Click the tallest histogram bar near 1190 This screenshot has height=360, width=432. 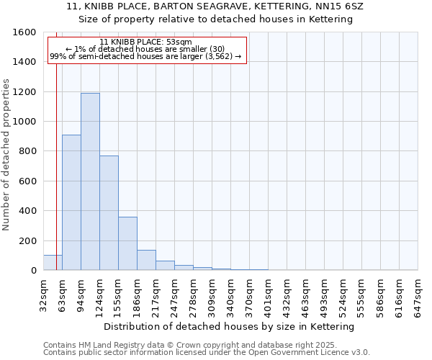(x=90, y=181)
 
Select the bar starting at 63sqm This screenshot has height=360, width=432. (x=71, y=202)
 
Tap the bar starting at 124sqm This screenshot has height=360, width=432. (x=109, y=213)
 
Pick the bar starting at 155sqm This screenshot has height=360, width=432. (x=127, y=243)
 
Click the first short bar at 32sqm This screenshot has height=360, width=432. (x=53, y=263)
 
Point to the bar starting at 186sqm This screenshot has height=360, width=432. (x=146, y=260)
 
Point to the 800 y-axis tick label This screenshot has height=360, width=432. (x=27, y=151)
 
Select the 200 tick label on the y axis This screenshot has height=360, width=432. (x=27, y=240)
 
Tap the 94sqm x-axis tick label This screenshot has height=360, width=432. (x=81, y=294)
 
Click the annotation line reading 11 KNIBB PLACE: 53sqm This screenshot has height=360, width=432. (x=146, y=42)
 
